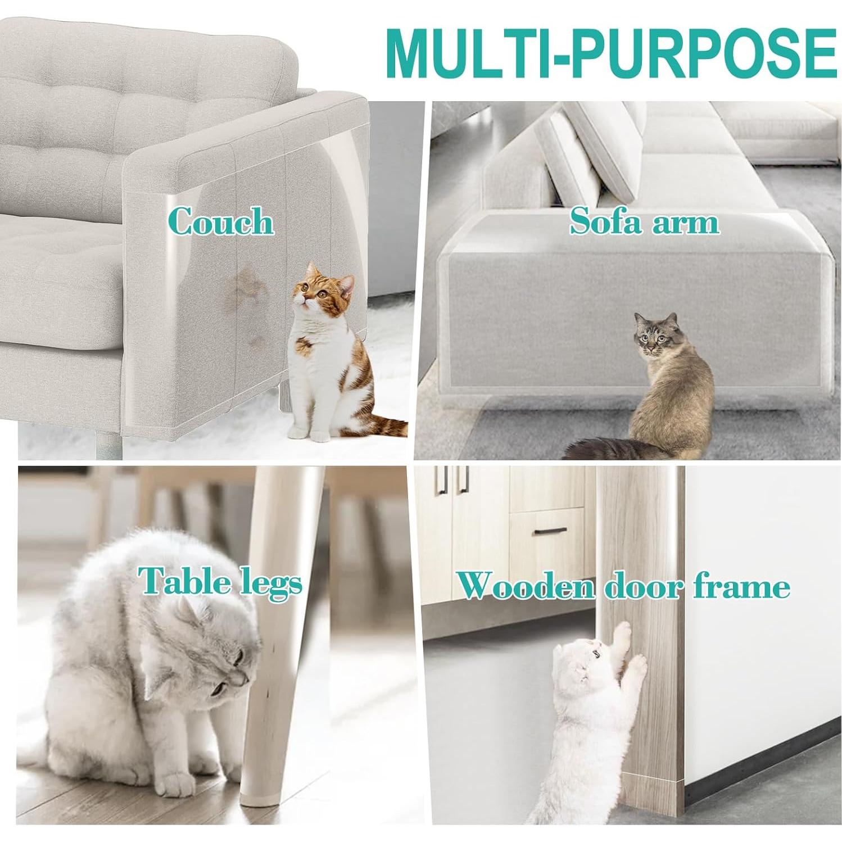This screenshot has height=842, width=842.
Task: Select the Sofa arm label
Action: tap(644, 221)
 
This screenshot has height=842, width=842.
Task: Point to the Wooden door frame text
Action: tap(623, 586)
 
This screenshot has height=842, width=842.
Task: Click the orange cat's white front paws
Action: tap(309, 434)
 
